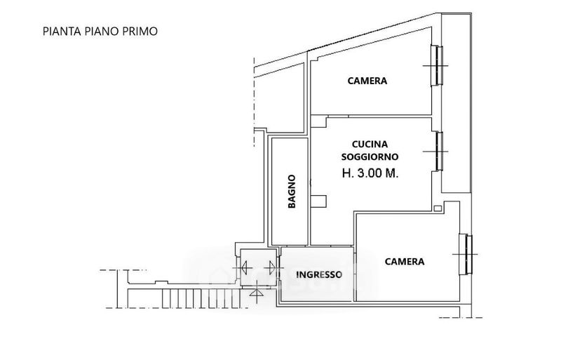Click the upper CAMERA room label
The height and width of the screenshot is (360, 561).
(367, 81)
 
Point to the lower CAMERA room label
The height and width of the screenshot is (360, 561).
(405, 262)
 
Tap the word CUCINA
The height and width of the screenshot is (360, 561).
(370, 145)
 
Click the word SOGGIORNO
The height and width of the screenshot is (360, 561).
(370, 157)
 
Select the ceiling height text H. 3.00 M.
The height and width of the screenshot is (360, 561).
(370, 174)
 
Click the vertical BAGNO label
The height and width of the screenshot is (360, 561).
(292, 192)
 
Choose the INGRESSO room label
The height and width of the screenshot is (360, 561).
(319, 275)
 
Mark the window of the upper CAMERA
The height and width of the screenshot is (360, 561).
(437, 65)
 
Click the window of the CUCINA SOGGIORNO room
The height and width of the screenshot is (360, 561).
(437, 151)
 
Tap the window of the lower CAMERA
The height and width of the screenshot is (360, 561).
(466, 254)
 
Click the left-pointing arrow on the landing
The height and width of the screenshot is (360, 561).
(245, 267)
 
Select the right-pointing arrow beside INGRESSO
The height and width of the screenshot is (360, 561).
(270, 267)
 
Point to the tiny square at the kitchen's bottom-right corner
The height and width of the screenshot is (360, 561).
(437, 208)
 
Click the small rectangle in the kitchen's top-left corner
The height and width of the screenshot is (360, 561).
(318, 121)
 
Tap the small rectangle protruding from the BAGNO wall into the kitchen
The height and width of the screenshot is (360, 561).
(318, 201)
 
